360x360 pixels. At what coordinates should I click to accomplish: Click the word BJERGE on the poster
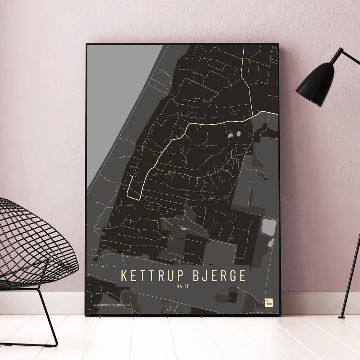point(220,276)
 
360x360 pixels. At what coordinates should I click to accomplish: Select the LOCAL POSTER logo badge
point(269,302)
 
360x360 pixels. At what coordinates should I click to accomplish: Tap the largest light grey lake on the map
point(269,226)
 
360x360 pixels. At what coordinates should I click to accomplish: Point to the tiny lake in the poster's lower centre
point(183,228)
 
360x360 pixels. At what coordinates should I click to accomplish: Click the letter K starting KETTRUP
point(123,276)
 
